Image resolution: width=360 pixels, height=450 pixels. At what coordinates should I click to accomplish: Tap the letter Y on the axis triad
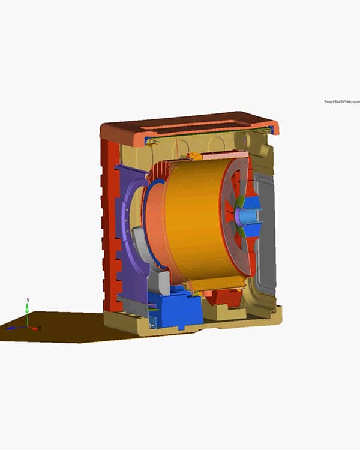pos(28,299)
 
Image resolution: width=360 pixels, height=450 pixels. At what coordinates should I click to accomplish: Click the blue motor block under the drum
pos(177,309)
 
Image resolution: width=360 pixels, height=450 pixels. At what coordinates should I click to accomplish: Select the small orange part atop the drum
pos(193,157)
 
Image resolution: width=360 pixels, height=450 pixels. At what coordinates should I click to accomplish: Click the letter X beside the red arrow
pos(40,328)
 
